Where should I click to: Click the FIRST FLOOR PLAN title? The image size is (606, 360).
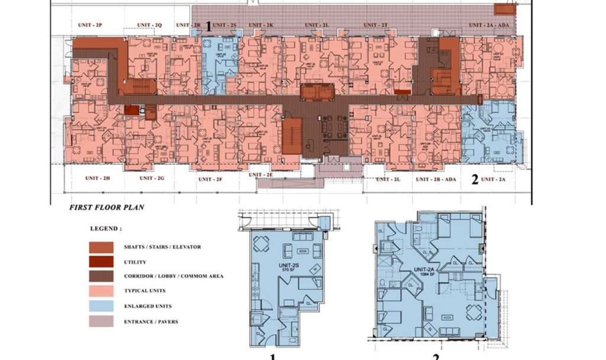pyautogui.click(x=107, y=208)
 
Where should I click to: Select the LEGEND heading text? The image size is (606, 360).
pyautogui.click(x=107, y=228)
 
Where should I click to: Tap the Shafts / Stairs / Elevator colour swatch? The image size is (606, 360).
pyautogui.click(x=102, y=247)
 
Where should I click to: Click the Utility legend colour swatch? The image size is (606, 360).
pyautogui.click(x=102, y=262)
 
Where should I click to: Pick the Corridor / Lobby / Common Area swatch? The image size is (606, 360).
pyautogui.click(x=102, y=276)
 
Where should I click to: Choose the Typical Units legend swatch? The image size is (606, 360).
pyautogui.click(x=102, y=291)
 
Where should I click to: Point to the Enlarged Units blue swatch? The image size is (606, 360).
pyautogui.click(x=102, y=306)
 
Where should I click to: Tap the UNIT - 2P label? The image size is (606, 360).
pyautogui.click(x=91, y=25)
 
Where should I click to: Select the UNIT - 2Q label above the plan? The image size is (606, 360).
pyautogui.click(x=150, y=25)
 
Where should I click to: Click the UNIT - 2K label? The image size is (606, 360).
pyautogui.click(x=260, y=25)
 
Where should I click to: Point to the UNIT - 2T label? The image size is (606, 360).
pyautogui.click(x=375, y=25)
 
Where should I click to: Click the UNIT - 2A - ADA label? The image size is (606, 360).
pyautogui.click(x=489, y=25)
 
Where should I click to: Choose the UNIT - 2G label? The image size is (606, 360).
pyautogui.click(x=151, y=178)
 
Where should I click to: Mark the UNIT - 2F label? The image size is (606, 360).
pyautogui.click(x=209, y=179)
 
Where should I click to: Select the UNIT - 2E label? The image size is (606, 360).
pyautogui.click(x=260, y=175)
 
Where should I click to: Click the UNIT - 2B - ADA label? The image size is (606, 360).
pyautogui.click(x=436, y=179)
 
